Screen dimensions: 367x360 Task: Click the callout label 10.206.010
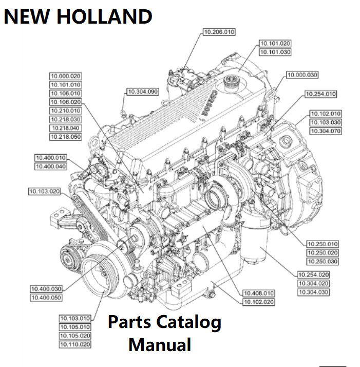tap(219, 32)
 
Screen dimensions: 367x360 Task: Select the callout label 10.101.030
tap(275, 52)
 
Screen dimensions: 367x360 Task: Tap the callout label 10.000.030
tap(302, 75)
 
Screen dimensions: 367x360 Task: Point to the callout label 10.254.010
tap(320, 94)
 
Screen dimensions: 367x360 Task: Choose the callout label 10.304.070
tap(326, 131)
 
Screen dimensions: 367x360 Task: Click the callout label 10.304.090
tap(142, 92)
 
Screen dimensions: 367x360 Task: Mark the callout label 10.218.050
tap(66, 137)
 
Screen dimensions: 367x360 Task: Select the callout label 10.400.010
tap(51, 158)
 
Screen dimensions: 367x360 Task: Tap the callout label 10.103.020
tap(44, 192)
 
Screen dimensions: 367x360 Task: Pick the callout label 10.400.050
tap(46, 298)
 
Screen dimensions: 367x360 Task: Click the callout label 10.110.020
tap(75, 344)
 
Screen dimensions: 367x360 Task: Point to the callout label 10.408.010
tap(259, 293)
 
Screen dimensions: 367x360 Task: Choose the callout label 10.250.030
tap(323, 262)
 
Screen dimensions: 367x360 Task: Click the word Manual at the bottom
tap(160, 344)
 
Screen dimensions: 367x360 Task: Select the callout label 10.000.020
tap(66, 76)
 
